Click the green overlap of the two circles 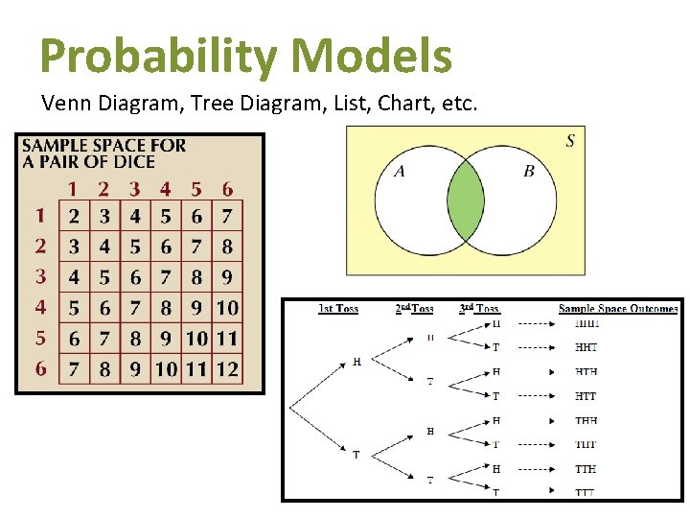click(466, 200)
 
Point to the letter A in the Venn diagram click(400, 172)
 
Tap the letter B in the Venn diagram click(529, 172)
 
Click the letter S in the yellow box click(570, 141)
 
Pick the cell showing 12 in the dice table click(227, 368)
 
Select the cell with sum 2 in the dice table click(74, 215)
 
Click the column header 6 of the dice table click(227, 189)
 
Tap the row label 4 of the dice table click(40, 307)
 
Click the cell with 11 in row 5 click(227, 338)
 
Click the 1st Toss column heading click(338, 309)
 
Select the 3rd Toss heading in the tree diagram click(479, 309)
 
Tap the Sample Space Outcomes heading click(618, 309)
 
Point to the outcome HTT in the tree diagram click(586, 396)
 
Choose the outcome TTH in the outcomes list click(586, 469)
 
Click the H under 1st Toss click(357, 362)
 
